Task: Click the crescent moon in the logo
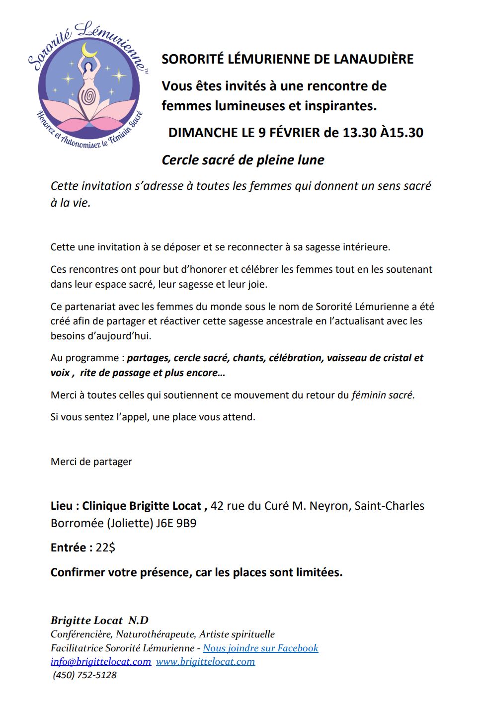(x=89, y=51)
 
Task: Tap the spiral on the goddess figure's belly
(x=89, y=97)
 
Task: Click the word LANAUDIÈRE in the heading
(x=374, y=59)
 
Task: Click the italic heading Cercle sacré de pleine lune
(x=243, y=160)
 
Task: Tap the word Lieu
(x=62, y=506)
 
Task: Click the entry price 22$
(x=105, y=547)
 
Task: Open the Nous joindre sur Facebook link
(x=260, y=648)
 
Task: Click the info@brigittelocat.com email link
(x=101, y=661)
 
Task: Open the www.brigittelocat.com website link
(x=205, y=661)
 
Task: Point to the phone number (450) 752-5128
(x=85, y=675)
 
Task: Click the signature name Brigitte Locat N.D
(x=99, y=620)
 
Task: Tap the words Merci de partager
(x=91, y=462)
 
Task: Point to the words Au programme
(x=84, y=358)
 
